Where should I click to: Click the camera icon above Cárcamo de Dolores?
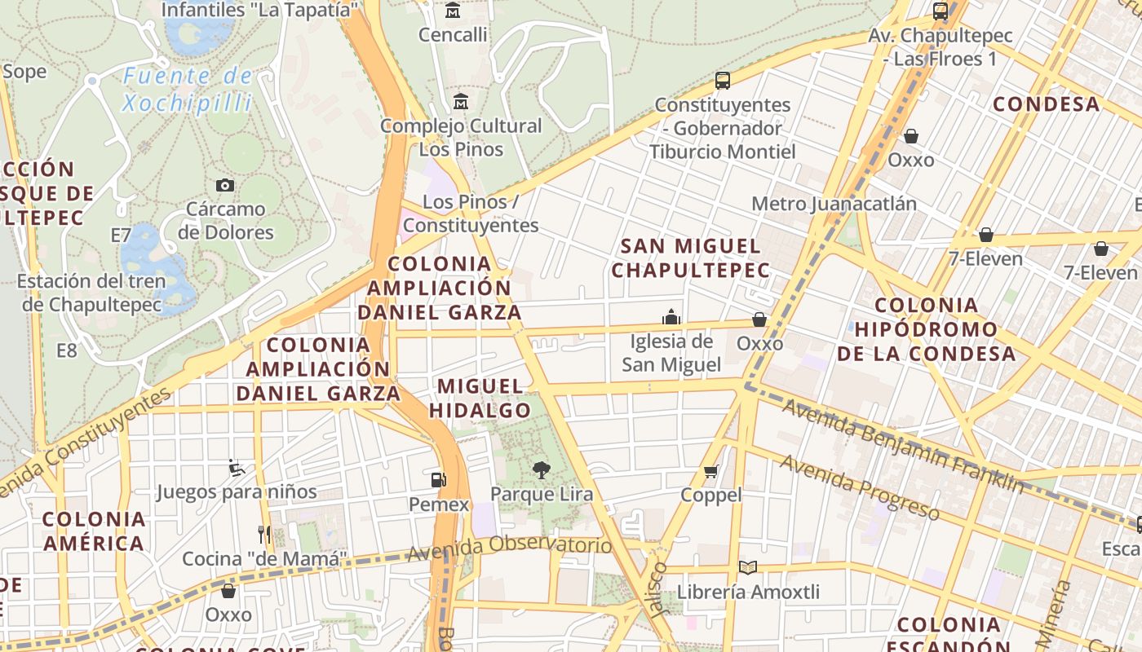coord(224,186)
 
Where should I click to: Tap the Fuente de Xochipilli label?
coord(188,89)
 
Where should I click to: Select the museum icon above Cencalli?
coord(453,11)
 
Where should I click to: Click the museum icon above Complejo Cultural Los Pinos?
coord(461,102)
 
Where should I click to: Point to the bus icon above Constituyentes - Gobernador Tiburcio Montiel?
coord(722,80)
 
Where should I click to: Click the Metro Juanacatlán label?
coord(834,203)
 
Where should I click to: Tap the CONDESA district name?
coord(1046,104)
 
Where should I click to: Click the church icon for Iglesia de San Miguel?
coord(671,316)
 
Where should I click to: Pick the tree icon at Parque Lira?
coord(540,469)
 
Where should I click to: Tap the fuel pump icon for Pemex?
coord(439,479)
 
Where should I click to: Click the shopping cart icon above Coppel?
coord(711,471)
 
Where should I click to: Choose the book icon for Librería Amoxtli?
coord(747,567)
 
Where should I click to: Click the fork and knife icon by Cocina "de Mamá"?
coord(263,535)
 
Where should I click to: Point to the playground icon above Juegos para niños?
coord(236,468)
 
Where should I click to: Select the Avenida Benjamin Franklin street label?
coord(902,446)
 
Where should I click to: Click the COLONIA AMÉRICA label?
coord(94,531)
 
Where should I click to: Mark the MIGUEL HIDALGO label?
coord(480,398)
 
